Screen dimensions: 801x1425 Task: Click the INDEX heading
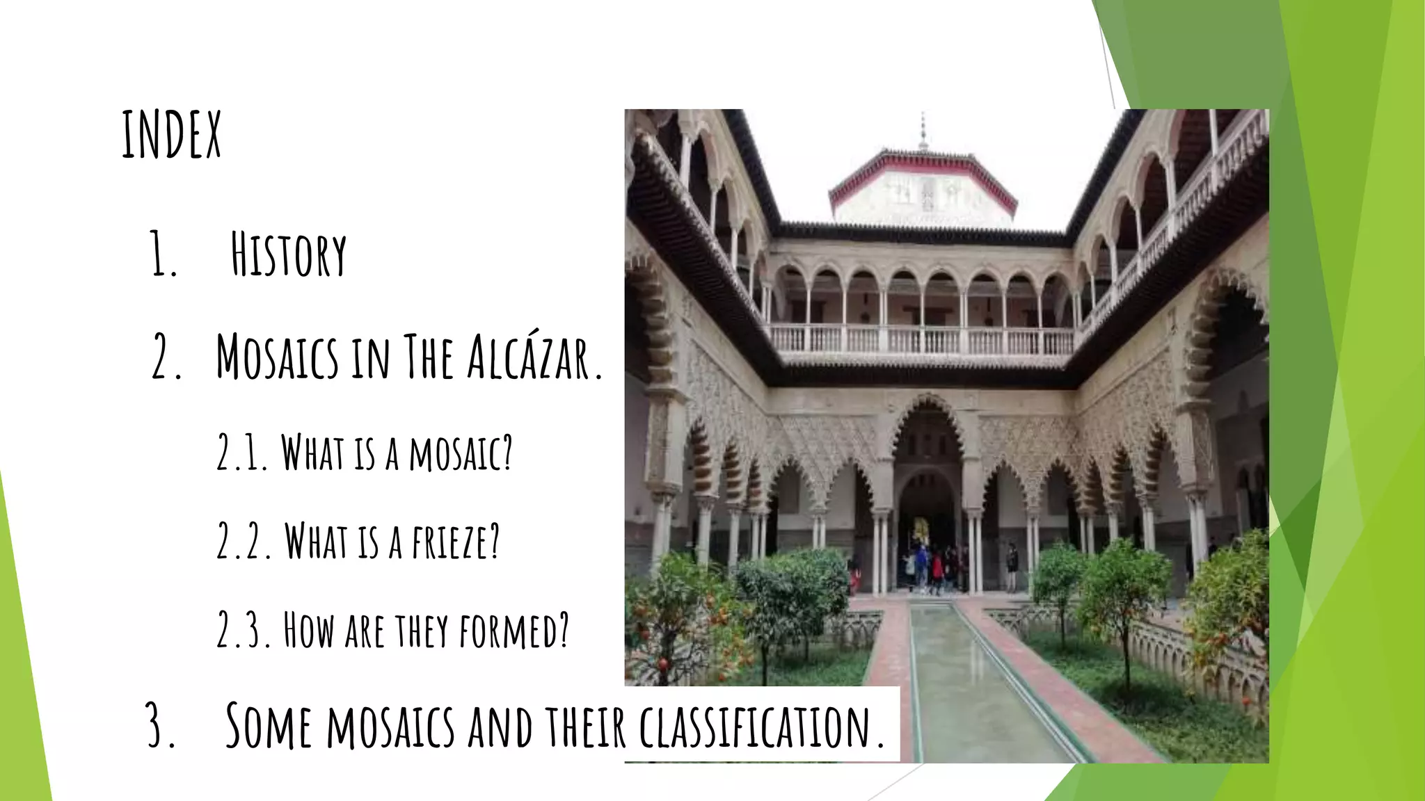coord(171,135)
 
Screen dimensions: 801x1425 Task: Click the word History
coord(288,255)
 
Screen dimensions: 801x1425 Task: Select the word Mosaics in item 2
coord(277,357)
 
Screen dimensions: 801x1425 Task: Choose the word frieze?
coord(456,542)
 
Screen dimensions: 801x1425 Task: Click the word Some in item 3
coord(269,727)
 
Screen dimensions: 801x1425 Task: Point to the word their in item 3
coord(585,727)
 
